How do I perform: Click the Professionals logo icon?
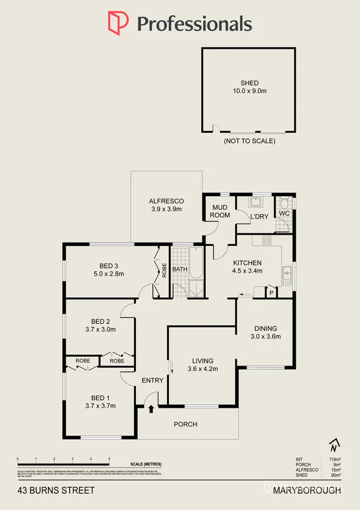click(x=117, y=23)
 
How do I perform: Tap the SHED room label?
click(x=249, y=83)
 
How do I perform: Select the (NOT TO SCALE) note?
click(x=249, y=141)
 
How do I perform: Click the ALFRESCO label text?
click(x=166, y=201)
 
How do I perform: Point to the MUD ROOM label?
click(x=220, y=211)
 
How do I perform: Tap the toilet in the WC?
click(x=284, y=204)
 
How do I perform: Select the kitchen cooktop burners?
click(x=265, y=241)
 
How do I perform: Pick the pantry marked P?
click(x=271, y=292)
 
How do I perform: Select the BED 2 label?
click(x=100, y=321)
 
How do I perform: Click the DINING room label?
click(x=265, y=328)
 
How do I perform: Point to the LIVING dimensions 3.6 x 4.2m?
click(x=202, y=369)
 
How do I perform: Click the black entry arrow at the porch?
click(x=151, y=410)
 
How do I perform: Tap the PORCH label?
click(x=185, y=424)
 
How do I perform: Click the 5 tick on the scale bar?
click(x=109, y=459)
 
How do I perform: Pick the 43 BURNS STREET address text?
click(x=56, y=490)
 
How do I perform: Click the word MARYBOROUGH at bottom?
click(x=307, y=490)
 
